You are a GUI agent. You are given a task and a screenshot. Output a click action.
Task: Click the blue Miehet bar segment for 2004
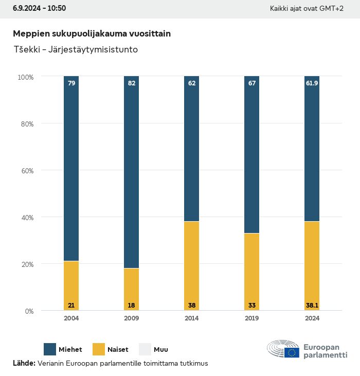point(71,170)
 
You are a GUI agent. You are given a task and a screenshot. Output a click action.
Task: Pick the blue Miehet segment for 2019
point(252,154)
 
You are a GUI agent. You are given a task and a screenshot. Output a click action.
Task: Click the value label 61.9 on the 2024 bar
point(312,83)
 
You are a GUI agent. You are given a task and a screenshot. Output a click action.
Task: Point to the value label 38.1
point(312,305)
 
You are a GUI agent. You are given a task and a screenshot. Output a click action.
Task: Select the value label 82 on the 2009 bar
point(131,83)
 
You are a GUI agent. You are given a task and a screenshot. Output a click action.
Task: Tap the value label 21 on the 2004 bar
point(71,305)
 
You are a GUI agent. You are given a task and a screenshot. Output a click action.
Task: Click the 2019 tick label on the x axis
point(252,318)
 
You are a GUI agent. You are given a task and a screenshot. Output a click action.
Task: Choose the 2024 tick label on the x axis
point(312,318)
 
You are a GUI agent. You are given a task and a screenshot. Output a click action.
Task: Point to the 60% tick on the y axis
point(26,170)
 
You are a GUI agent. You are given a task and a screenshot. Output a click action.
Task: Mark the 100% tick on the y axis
point(25,77)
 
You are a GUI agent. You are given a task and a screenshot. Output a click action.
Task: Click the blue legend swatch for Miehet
point(49,349)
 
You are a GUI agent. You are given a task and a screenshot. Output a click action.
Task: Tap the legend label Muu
point(161,350)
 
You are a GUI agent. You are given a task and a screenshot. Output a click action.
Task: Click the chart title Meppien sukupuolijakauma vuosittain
point(92,33)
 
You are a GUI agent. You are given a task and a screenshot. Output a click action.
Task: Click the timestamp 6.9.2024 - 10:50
point(40,8)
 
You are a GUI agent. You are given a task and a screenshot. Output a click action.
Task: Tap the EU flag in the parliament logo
point(293,352)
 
